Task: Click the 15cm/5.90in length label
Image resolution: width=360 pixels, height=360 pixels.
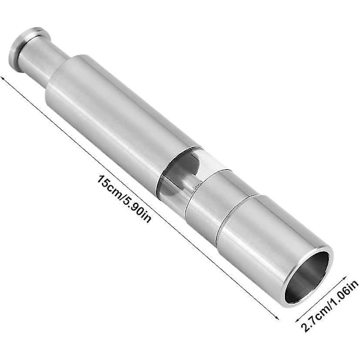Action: pos(124,199)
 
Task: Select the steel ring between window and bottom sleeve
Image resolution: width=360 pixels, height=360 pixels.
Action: pos(220,202)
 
